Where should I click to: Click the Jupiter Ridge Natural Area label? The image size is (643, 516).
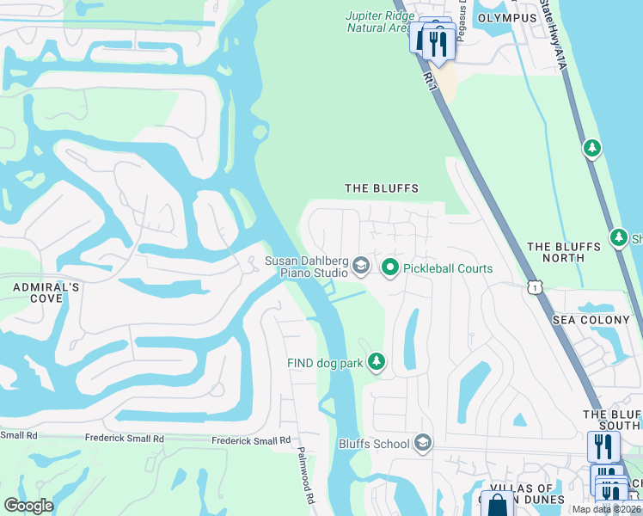[x=378, y=21]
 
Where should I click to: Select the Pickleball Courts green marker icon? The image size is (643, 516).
[x=389, y=268]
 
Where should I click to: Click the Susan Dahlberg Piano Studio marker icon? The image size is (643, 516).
[x=361, y=266]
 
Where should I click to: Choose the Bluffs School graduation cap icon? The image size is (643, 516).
[x=422, y=444]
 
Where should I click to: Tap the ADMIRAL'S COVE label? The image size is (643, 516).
[x=32, y=292]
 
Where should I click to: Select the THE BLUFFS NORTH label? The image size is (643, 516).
[x=563, y=252]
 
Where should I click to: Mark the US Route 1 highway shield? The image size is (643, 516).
[x=536, y=286]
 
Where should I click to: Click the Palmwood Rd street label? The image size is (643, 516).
[x=306, y=476]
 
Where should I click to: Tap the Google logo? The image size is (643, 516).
[x=28, y=505]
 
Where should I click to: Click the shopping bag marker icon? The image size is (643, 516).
[x=496, y=506]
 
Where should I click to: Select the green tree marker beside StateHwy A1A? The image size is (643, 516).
[x=591, y=149]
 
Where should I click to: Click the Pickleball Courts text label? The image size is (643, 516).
[x=448, y=268]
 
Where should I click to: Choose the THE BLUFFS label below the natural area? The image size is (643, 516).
[x=381, y=188]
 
